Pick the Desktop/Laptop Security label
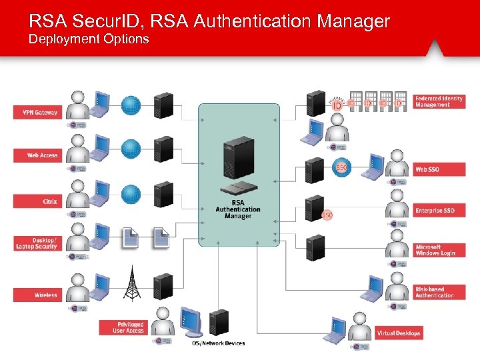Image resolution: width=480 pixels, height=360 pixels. tap(36, 243)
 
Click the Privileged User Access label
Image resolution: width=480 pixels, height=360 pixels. tap(123, 327)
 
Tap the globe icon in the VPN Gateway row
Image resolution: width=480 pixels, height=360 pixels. tap(131, 105)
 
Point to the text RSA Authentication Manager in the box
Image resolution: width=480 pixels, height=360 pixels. tap(238, 209)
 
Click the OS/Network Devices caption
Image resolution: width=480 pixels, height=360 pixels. tap(218, 343)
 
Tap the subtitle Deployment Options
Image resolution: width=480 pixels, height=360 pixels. tap(89, 39)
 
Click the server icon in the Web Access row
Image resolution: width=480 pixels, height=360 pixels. tap(163, 148)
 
